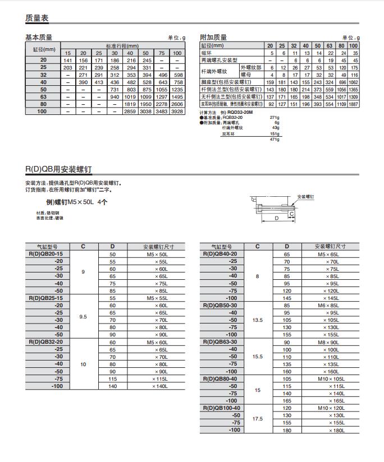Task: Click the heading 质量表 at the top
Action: pos(37,19)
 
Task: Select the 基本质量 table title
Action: pos(39,38)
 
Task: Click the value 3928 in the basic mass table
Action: pos(177,112)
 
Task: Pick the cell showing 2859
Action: pos(130,112)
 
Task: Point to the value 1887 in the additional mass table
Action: pos(353,104)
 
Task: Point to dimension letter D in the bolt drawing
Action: pos(276,218)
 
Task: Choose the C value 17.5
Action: pos(258,418)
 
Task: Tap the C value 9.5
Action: pos(83,317)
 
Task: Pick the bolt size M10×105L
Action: pos(329,378)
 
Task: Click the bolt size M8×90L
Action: pos(329,342)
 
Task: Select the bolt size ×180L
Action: pos(335,430)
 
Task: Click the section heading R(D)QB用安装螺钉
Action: pos(58,169)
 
